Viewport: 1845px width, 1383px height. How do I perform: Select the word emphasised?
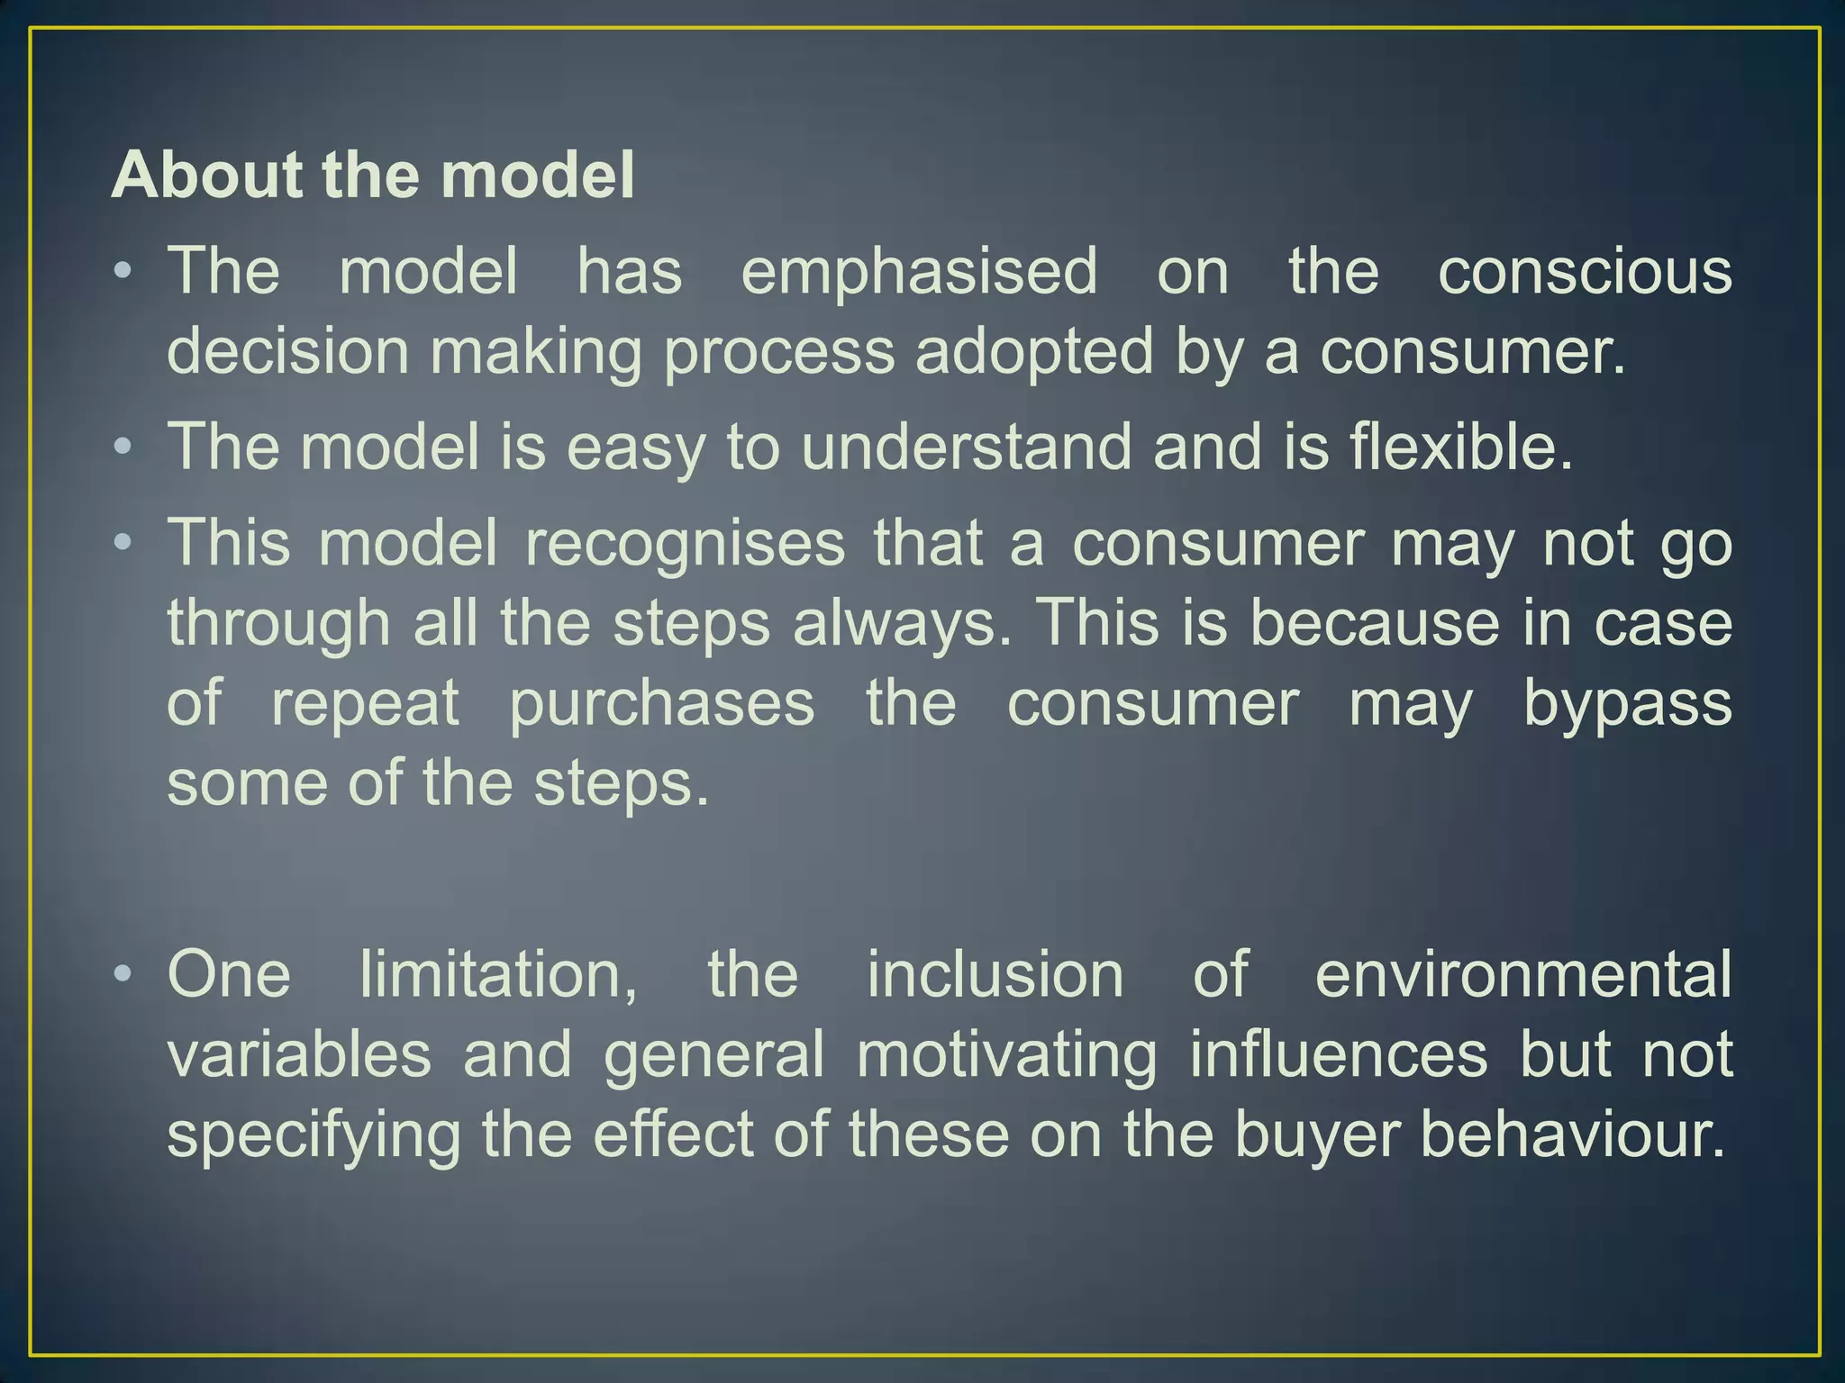919,271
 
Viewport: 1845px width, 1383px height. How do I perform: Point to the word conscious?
1585,271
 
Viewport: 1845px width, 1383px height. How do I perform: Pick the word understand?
966,447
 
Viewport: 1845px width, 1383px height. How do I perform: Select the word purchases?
662,703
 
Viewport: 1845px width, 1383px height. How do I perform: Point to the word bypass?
1628,703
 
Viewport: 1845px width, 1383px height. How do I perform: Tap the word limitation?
498,974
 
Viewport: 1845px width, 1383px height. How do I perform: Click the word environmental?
1523,974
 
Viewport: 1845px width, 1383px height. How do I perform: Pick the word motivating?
1007,1054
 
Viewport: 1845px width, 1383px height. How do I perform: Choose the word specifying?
314,1134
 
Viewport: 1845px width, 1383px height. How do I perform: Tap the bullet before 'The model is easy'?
124,447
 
